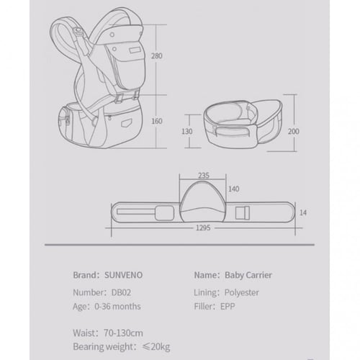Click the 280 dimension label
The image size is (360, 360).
coord(157,56)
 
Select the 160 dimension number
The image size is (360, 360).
coord(157,121)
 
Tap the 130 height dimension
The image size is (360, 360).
coord(187,132)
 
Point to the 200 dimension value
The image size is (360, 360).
coord(293,131)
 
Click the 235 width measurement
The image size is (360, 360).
coord(204,176)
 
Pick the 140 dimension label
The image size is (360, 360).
coord(233,189)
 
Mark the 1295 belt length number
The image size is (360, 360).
coord(203,228)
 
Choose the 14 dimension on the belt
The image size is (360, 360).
coord(303,212)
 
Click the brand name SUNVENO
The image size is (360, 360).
coord(123,275)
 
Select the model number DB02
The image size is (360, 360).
coord(121,292)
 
